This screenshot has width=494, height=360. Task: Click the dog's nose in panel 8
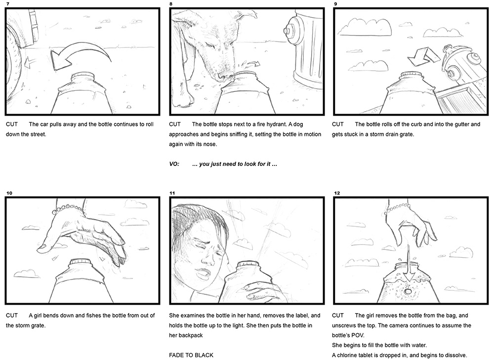pos(225,76)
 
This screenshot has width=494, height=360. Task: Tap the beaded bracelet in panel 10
pos(69,208)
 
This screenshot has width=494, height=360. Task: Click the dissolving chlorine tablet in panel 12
pos(409,292)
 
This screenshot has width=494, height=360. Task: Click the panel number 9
pos(335,4)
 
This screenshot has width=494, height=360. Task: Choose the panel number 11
pos(172,193)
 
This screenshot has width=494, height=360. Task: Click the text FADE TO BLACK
pos(191,355)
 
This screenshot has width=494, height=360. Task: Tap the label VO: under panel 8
pos(174,164)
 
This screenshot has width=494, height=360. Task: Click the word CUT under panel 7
pos(12,124)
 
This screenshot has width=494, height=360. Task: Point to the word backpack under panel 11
pos(190,335)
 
